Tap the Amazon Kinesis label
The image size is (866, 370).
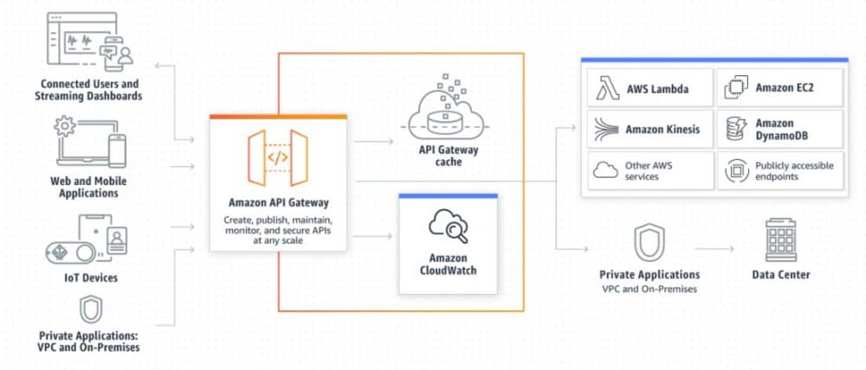tap(663, 129)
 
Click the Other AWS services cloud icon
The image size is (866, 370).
tap(604, 170)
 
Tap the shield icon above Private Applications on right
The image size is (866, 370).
tap(649, 241)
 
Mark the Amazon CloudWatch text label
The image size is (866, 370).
tap(448, 264)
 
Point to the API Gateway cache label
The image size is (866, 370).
tap(448, 156)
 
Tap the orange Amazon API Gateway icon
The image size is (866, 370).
tap(277, 157)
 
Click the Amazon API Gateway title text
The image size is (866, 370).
tap(277, 202)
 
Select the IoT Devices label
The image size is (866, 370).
tap(91, 277)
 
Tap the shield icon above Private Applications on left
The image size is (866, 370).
tap(91, 309)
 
